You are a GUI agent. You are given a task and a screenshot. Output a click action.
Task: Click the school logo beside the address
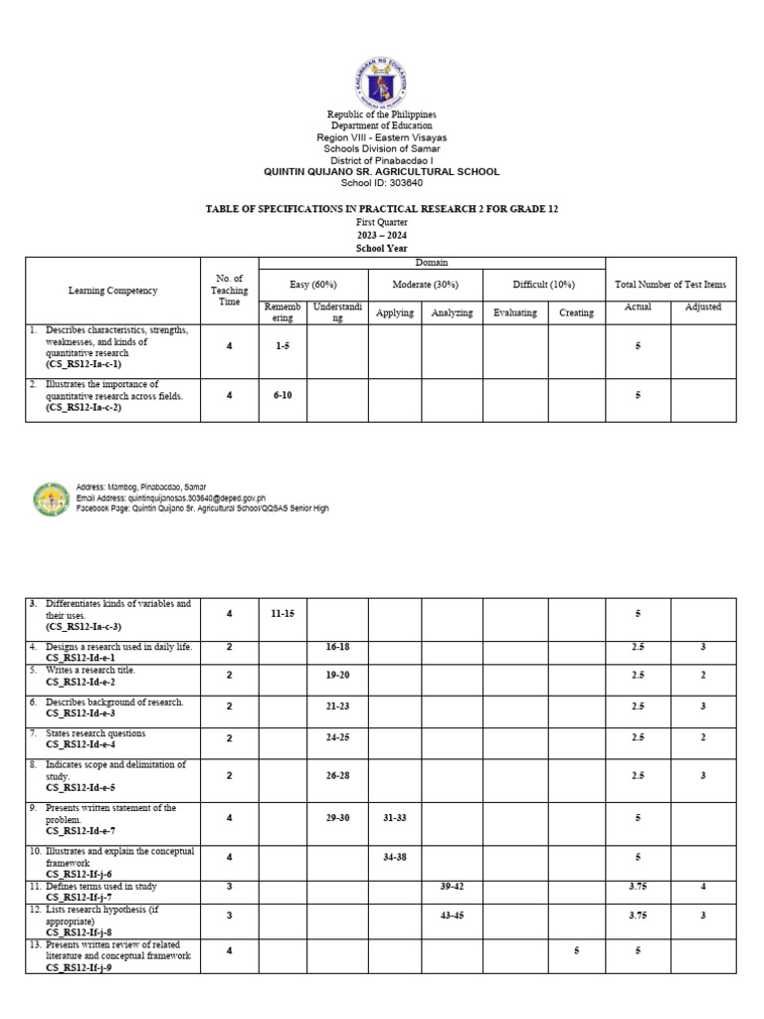[51, 500]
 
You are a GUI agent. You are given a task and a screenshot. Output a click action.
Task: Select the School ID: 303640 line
[381, 183]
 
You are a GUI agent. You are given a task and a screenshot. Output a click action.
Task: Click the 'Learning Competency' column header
[112, 291]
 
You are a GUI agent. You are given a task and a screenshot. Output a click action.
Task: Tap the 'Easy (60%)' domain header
[313, 285]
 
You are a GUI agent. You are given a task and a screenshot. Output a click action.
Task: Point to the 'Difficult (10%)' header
[544, 285]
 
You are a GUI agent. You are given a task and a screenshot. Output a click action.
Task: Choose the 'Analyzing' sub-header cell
[453, 312]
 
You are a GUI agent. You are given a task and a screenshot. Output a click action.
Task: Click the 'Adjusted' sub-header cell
[702, 307]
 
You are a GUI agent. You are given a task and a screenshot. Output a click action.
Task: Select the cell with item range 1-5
[283, 345]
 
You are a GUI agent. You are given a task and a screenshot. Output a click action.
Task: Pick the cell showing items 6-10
[283, 395]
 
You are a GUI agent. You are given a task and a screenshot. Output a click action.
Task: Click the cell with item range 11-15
[283, 614]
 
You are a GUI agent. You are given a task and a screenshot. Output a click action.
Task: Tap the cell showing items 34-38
[395, 856]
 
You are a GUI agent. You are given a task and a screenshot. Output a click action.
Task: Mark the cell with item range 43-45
[453, 916]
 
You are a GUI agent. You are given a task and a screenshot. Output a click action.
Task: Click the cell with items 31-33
[395, 817]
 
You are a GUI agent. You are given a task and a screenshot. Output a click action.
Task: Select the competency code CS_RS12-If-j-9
[79, 967]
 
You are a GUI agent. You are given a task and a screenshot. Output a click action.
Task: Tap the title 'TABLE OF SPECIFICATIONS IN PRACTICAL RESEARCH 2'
[381, 210]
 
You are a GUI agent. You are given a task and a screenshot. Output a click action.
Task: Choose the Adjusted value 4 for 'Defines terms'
[702, 886]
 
